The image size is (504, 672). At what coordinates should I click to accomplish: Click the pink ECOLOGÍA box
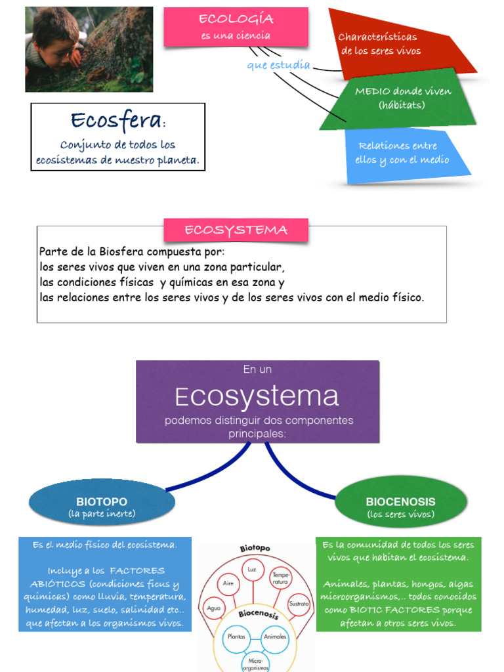[x=236, y=27]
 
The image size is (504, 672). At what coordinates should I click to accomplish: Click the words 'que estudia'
[x=278, y=66]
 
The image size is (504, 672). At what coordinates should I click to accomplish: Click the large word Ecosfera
[x=116, y=120]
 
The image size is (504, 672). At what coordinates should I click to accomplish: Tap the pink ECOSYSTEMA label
[x=236, y=230]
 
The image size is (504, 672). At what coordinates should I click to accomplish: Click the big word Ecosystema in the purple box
[x=257, y=396]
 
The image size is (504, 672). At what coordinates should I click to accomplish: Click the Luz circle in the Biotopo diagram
[x=251, y=570]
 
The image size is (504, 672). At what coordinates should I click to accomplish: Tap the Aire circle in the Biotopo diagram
[x=228, y=583]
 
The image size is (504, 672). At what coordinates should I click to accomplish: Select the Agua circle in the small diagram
[x=214, y=608]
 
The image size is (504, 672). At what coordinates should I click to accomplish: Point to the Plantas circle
[x=236, y=637]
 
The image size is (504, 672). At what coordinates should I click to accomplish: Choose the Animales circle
[x=274, y=637]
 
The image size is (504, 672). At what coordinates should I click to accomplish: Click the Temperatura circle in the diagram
[x=280, y=577]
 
